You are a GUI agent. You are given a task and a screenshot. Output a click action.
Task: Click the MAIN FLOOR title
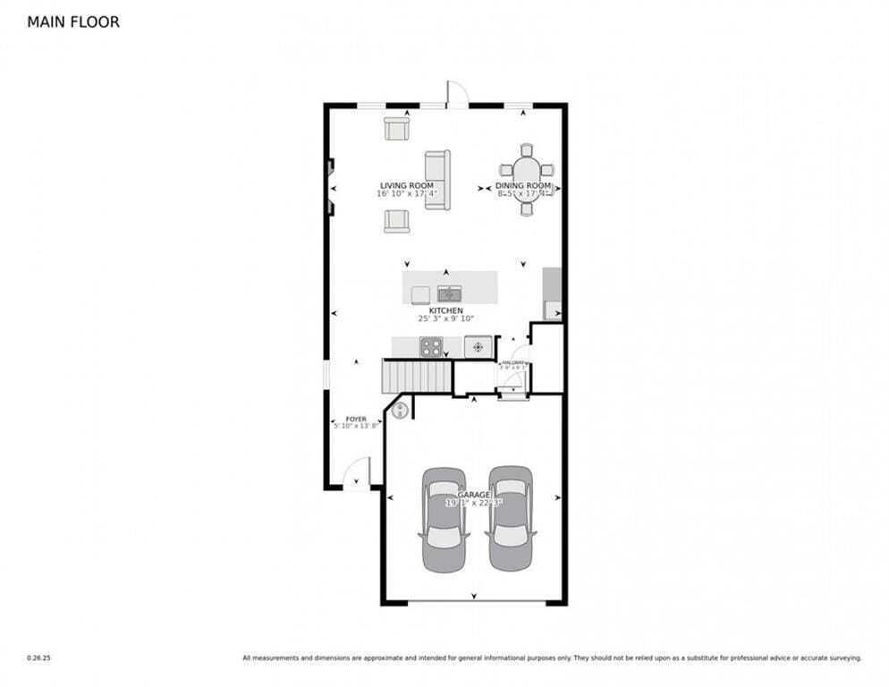click(x=73, y=21)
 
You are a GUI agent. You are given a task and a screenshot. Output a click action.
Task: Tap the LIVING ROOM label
click(x=406, y=186)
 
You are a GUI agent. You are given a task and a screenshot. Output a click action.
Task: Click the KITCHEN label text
click(x=445, y=310)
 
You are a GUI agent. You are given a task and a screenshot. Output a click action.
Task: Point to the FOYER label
click(x=356, y=419)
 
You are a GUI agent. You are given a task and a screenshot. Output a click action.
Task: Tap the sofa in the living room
click(x=437, y=180)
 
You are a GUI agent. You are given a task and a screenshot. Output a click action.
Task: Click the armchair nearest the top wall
click(x=396, y=129)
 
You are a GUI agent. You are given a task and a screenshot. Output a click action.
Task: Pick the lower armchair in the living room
click(x=396, y=220)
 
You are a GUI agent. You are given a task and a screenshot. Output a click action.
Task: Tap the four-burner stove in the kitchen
click(x=431, y=345)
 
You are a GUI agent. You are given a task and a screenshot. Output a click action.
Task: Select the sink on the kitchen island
click(x=449, y=293)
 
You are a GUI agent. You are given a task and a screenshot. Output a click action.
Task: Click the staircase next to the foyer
click(x=417, y=376)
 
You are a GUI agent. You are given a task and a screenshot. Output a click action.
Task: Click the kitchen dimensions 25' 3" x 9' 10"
click(x=445, y=318)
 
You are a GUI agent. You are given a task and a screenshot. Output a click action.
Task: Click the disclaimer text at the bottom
click(x=552, y=657)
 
